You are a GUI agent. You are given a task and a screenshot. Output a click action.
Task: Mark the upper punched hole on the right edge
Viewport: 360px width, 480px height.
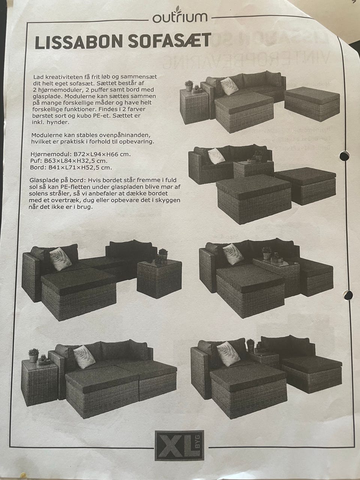pos(345,156)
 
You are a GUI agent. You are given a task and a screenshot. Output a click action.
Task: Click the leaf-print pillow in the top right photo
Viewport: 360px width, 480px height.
pos(229,86)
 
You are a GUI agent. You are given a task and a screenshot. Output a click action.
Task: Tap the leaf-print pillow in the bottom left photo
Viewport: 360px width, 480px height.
pos(84,357)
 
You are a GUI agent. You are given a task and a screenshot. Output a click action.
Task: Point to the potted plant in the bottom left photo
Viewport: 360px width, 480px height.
pos(34,355)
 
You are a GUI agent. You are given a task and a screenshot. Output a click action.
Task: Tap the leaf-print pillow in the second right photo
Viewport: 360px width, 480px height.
pos(216,156)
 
